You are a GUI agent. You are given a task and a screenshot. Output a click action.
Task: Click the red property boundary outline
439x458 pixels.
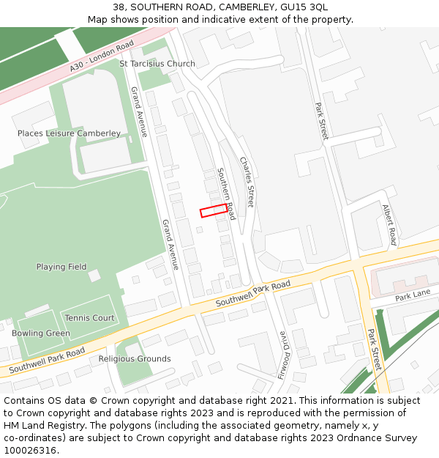click(214, 210)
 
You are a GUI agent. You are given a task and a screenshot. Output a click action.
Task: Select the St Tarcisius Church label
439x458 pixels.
click(157, 64)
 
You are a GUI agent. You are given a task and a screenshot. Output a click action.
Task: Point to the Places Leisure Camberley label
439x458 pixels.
click(69, 133)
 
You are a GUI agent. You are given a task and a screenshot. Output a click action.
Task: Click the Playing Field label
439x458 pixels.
click(61, 267)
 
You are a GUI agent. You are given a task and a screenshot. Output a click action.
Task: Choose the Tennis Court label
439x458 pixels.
click(89, 318)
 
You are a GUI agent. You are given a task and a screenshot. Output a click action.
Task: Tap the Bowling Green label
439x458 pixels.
click(41, 333)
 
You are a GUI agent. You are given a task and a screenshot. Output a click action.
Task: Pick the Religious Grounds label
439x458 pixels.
click(135, 359)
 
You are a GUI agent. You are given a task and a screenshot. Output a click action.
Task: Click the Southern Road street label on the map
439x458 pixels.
click(225, 193)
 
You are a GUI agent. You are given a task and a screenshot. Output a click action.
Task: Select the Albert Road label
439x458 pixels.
click(389, 224)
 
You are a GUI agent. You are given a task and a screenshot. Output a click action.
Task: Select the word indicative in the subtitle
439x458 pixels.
click(206, 19)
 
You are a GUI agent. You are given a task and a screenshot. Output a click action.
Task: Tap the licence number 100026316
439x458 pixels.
click(31, 451)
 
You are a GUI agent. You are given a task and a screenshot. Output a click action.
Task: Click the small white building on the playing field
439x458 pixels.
click(94, 276)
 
